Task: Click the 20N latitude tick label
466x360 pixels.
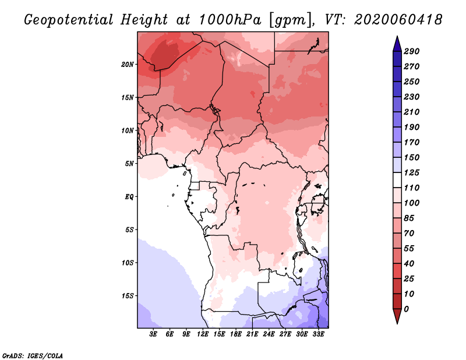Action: (128, 65)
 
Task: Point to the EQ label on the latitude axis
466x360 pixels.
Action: (129, 197)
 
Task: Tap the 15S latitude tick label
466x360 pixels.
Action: (128, 296)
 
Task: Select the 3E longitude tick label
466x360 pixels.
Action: (153, 334)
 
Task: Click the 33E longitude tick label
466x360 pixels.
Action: (318, 334)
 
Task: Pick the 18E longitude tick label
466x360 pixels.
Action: (236, 334)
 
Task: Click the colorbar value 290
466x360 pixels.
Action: (412, 51)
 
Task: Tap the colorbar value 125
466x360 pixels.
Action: (412, 172)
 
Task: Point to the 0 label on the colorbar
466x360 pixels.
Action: (406, 309)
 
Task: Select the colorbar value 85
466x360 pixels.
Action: (409, 218)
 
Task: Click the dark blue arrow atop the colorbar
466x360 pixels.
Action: (397, 44)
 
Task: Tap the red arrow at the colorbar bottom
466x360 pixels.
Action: (397, 316)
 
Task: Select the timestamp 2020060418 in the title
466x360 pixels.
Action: (398, 20)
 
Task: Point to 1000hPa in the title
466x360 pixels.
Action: (230, 20)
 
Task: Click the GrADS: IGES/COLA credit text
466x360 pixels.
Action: (33, 356)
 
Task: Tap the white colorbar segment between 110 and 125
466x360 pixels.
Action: (397, 180)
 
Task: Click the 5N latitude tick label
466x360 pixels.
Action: (129, 164)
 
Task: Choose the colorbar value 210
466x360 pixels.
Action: (412, 112)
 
